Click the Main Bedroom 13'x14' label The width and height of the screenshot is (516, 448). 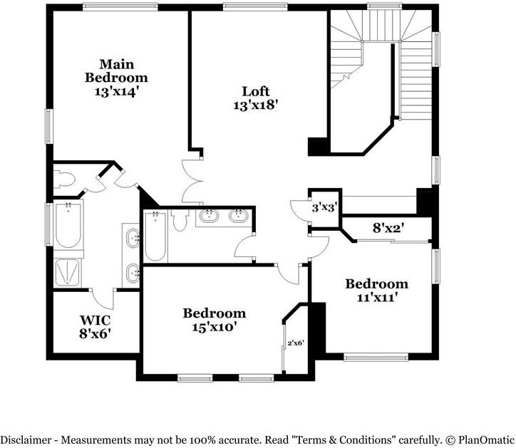click(116, 77)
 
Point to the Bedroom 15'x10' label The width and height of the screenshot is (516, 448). click(214, 320)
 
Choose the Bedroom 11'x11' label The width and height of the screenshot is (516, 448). click(376, 291)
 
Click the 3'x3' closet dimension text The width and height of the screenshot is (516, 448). click(324, 208)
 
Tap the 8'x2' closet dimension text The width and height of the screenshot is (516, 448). click(388, 229)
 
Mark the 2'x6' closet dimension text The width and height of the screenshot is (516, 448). click(296, 343)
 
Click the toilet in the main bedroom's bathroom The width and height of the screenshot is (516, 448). click(65, 179)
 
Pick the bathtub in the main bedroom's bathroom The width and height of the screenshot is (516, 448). click(69, 224)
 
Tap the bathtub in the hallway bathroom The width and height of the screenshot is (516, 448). click(155, 237)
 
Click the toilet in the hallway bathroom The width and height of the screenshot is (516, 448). click(179, 220)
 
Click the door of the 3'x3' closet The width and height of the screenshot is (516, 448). click(300, 207)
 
